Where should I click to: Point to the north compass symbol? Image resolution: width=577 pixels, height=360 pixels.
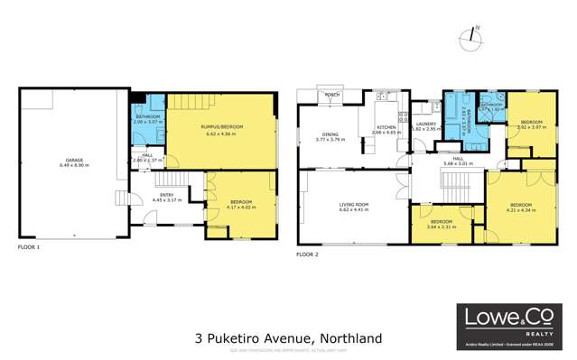coord(469,36)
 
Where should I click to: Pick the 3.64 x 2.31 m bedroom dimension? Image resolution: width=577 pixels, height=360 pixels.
coord(442,226)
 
